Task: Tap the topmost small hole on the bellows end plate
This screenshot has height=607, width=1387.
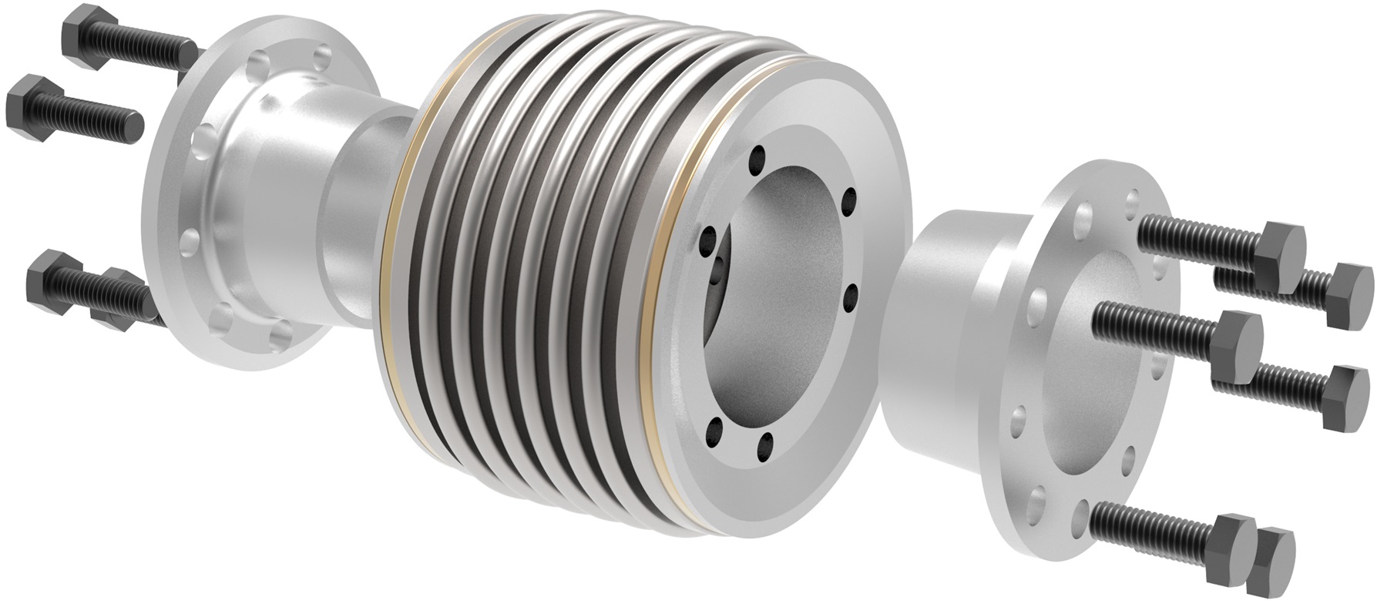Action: tap(760, 152)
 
